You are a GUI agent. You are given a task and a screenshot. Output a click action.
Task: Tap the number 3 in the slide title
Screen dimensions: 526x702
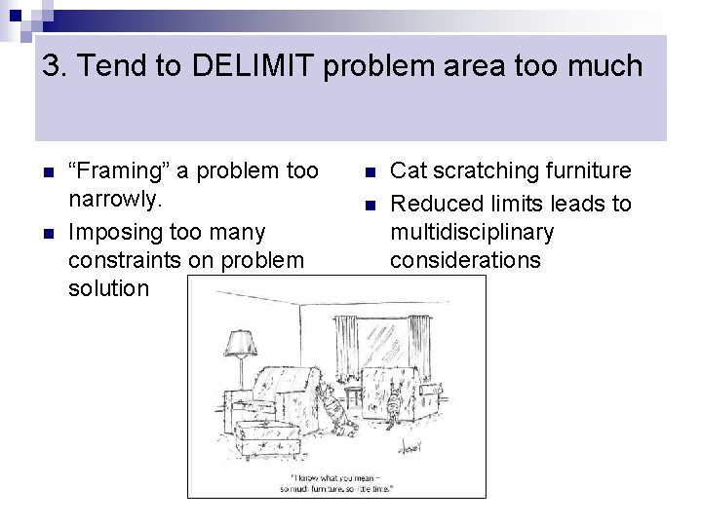[52, 66]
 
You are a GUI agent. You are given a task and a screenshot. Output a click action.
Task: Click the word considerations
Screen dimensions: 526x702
[465, 260]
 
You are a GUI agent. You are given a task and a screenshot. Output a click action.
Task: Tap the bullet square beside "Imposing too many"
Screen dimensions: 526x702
[49, 233]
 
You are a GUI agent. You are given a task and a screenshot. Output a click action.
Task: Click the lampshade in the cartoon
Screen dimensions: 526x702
[238, 344]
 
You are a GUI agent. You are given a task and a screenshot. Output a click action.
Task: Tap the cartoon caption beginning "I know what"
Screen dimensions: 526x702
[336, 483]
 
